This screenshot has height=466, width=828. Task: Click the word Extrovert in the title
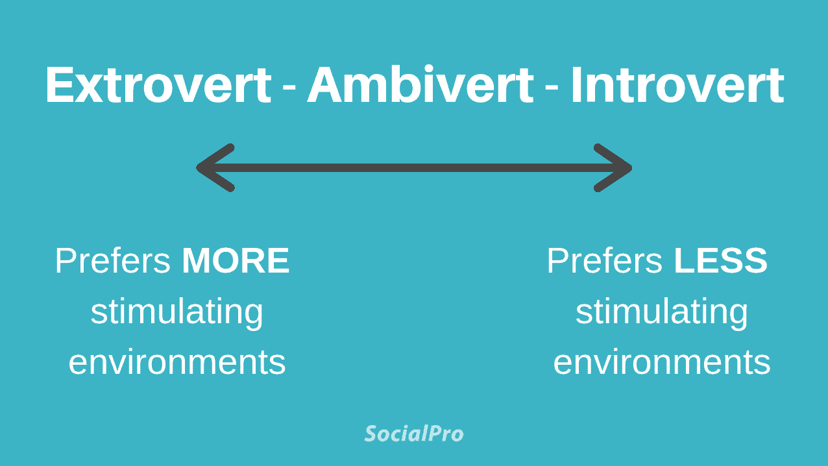pos(158,85)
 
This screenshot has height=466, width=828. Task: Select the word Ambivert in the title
pos(420,85)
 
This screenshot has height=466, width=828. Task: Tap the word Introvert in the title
pos(677,85)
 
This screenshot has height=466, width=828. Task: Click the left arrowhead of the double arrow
pos(214,167)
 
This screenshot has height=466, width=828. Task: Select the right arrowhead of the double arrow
pos(614,167)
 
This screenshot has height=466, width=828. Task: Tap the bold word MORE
pos(236,261)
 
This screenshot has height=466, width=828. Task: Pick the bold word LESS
pos(720,261)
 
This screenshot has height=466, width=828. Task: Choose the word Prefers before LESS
pos(604,261)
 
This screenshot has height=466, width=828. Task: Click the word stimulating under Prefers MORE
pos(177,312)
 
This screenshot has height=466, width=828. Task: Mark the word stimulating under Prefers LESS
pos(661,312)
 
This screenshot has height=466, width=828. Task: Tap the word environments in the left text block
pos(177,362)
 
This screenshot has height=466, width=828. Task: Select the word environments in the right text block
pos(661,362)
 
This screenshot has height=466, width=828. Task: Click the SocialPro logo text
pos(414,433)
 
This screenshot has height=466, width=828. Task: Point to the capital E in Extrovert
pos(60,85)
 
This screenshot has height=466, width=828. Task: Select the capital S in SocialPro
pos(371,433)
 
